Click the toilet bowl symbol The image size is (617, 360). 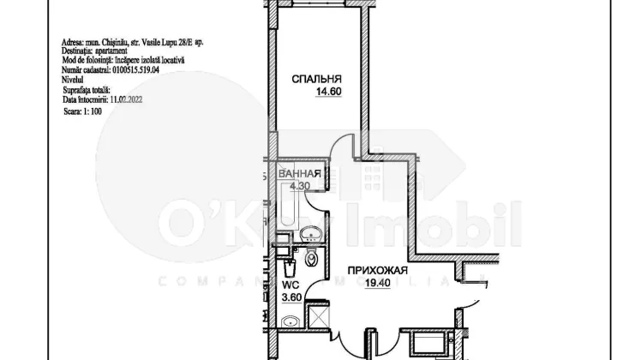312,257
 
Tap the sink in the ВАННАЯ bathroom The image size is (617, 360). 309,232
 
